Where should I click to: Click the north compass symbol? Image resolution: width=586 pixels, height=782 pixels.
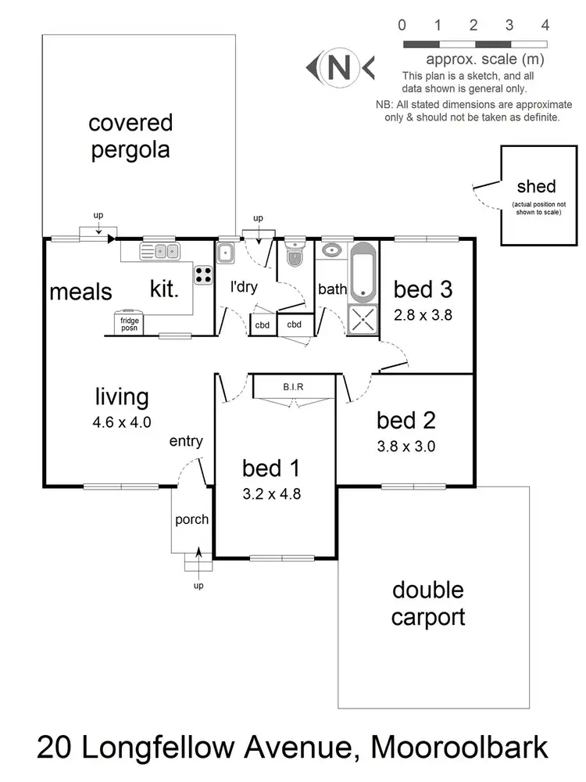[x=339, y=68]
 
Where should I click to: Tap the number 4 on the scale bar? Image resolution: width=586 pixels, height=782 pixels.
[x=545, y=25]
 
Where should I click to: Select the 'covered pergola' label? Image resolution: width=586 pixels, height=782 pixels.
[x=130, y=136]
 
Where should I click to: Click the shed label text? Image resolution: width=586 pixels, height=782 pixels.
[x=536, y=186]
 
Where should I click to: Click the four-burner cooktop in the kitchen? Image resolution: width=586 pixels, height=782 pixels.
[x=204, y=274]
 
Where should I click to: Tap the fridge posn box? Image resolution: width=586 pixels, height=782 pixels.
[x=128, y=323]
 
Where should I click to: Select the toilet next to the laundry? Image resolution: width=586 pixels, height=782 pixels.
[x=295, y=254]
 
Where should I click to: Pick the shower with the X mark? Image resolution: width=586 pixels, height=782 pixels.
[x=363, y=319]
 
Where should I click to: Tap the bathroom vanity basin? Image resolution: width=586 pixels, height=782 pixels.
[x=331, y=252]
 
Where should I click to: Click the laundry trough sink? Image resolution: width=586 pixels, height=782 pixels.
[x=226, y=253]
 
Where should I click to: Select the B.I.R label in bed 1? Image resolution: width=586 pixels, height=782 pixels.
[x=295, y=386]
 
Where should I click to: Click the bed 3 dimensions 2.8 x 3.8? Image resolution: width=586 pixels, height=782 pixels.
[x=423, y=316]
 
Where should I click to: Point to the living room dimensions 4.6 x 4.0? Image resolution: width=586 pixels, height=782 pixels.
[x=121, y=421]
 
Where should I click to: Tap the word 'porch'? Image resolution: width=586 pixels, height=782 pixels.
[x=191, y=519]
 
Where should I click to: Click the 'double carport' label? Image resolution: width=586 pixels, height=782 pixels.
[x=427, y=603]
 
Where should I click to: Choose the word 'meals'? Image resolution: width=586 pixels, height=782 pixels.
[x=80, y=292]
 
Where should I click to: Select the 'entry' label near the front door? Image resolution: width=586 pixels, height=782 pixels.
[x=186, y=441]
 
